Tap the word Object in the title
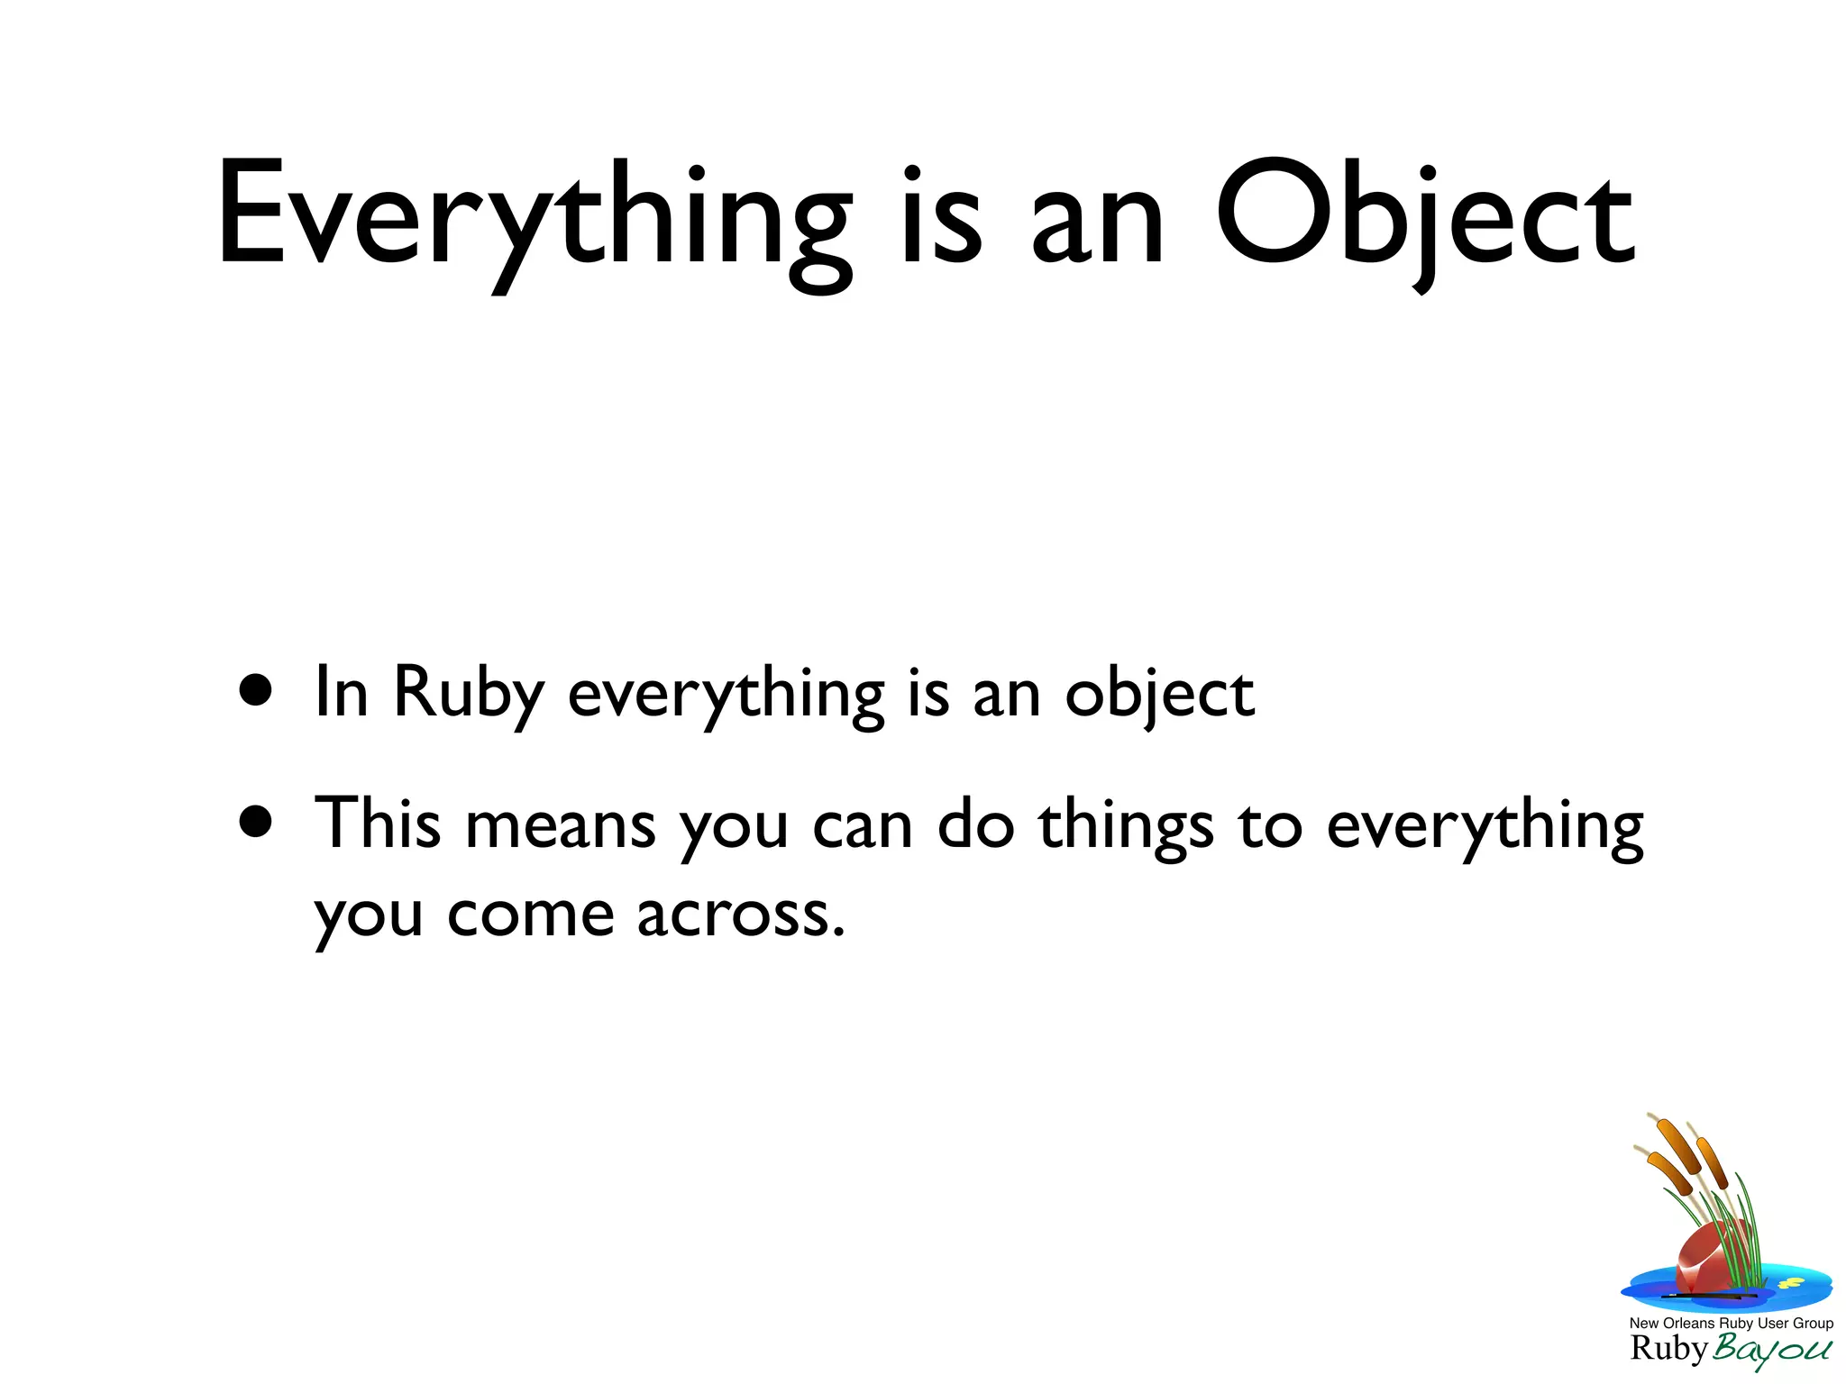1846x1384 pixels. click(x=1424, y=216)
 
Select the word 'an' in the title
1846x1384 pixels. click(x=1098, y=225)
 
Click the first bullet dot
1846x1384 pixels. click(x=256, y=691)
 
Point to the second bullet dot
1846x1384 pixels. click(x=256, y=821)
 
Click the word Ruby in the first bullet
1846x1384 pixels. click(x=469, y=694)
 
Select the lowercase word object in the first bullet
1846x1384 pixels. click(x=1159, y=696)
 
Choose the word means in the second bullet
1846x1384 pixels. click(x=560, y=825)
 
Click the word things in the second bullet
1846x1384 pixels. click(x=1126, y=825)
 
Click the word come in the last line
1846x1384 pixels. click(x=531, y=916)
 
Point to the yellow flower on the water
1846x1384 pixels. click(x=1790, y=1282)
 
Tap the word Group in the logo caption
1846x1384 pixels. click(x=1813, y=1324)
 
